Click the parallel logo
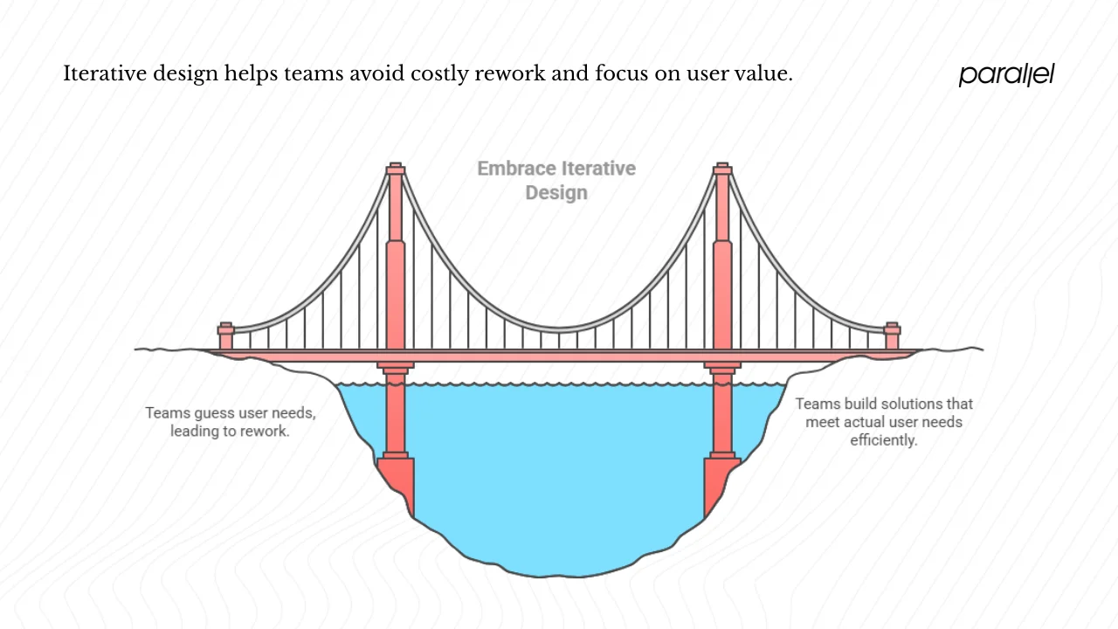[x=1006, y=74]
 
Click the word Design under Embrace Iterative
[x=556, y=192]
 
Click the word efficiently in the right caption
[x=884, y=440]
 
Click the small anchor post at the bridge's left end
[x=226, y=336]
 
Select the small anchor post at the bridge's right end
[x=892, y=336]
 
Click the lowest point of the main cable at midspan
[x=559, y=329]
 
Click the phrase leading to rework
[x=230, y=431]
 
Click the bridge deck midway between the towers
[x=559, y=355]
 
